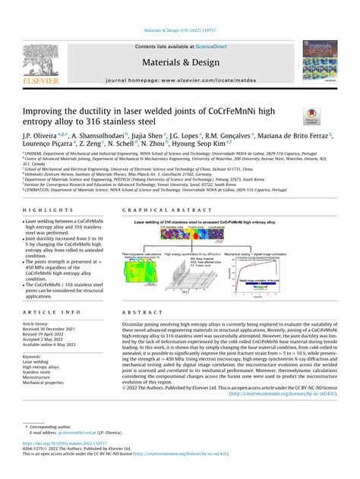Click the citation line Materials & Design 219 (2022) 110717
point(179,32)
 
